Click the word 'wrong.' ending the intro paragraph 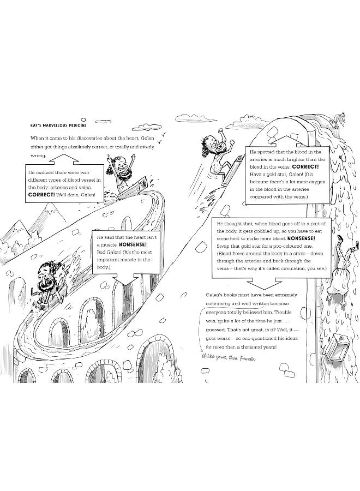[x=40, y=155]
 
